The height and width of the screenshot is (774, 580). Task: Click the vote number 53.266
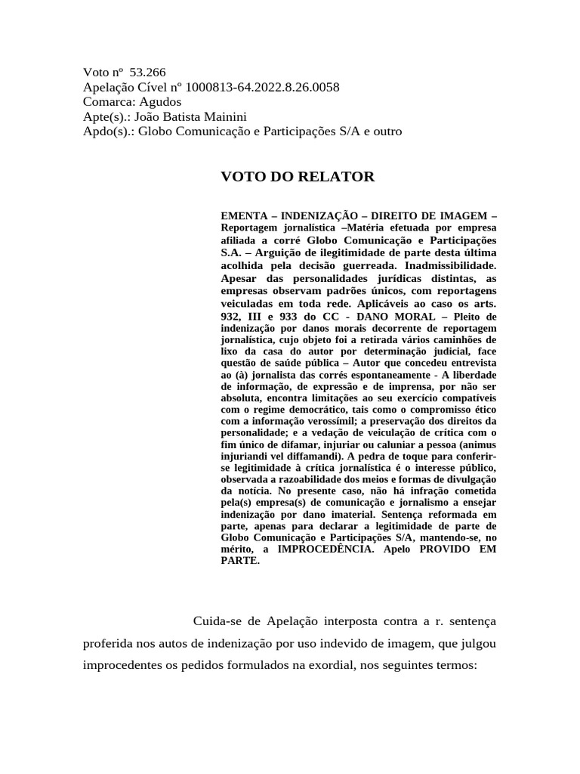147,73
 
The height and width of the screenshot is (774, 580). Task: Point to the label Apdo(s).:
109,132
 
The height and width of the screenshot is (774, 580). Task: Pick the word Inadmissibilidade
451,266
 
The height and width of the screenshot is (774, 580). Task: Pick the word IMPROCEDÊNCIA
325,549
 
